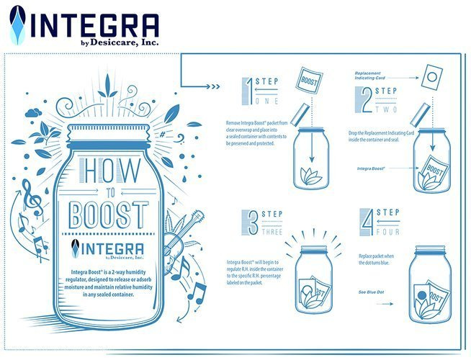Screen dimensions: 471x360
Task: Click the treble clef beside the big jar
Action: pos(32,197)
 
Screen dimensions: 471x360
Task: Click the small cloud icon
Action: pos(33,113)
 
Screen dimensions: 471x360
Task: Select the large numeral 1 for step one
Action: pos(248,91)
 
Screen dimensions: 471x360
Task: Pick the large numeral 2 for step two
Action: pos(364,99)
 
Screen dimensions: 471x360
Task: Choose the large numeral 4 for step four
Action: pos(367,222)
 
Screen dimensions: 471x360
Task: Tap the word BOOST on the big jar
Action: pos(109,215)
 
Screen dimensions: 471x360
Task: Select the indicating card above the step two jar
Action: pos(432,77)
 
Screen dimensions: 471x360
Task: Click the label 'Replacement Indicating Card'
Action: pos(367,76)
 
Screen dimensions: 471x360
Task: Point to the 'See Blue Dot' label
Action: pos(371,292)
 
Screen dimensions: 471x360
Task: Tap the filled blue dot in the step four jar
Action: pos(422,296)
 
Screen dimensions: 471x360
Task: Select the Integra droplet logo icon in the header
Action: pos(17,25)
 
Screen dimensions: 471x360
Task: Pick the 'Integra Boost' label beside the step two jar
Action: pos(371,168)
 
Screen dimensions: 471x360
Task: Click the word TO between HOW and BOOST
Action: pos(110,193)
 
